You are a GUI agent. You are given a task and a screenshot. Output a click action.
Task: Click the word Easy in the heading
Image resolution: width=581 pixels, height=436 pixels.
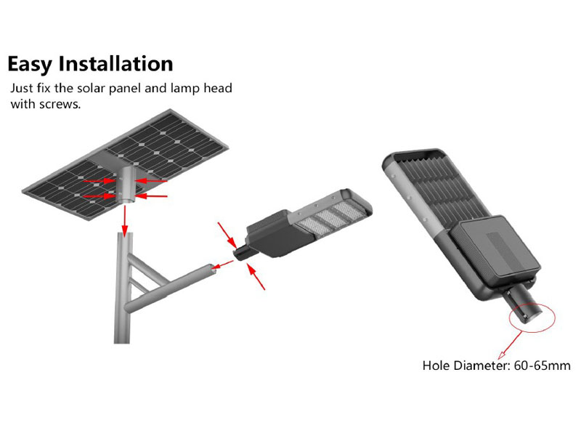tap(31, 64)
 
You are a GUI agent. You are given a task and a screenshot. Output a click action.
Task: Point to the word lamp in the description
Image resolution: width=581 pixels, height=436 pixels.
tap(185, 89)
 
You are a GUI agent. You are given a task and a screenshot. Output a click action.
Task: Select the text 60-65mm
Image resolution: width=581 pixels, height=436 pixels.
tap(542, 366)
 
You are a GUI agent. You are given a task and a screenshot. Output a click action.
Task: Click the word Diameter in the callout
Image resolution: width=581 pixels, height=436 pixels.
tap(482, 366)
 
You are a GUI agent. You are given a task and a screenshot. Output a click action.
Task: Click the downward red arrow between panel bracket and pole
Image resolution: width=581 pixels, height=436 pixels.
tap(125, 220)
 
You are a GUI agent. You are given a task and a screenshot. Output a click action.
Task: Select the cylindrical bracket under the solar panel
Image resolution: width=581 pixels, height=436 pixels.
tap(126, 185)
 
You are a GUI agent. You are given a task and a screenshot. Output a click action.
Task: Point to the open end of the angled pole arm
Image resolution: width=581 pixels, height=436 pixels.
tap(213, 270)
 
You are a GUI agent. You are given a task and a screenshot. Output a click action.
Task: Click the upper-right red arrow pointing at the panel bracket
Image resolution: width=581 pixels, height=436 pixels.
tap(151, 181)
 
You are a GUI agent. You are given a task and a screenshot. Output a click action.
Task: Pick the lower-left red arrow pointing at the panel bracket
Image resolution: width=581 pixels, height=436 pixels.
tap(99, 195)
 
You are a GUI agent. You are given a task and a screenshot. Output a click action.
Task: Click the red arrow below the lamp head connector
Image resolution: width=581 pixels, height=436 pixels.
tap(256, 276)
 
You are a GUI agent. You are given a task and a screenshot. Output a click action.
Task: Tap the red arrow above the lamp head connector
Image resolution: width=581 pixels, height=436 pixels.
tap(227, 235)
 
